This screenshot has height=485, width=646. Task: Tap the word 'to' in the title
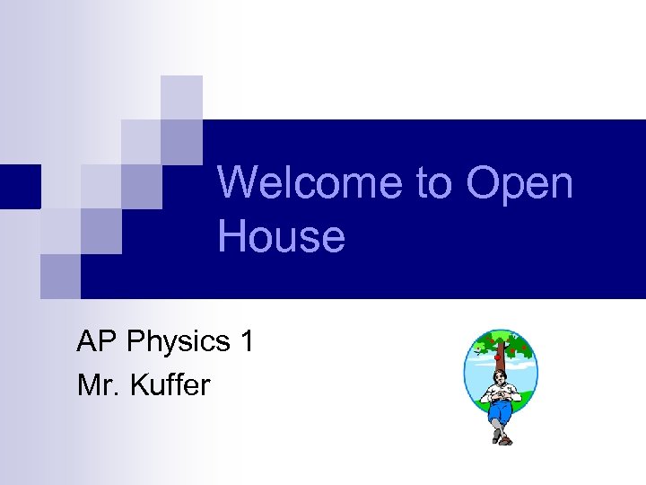(434, 183)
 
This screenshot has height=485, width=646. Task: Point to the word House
(281, 237)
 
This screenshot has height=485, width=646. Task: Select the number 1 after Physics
(247, 341)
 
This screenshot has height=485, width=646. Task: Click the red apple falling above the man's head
(498, 357)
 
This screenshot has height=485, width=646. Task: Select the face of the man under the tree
(501, 378)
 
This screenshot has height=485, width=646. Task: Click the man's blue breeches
(501, 410)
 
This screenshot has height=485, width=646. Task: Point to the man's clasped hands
(501, 394)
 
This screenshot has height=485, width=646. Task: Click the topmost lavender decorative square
(181, 97)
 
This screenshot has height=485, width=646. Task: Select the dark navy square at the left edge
(20, 186)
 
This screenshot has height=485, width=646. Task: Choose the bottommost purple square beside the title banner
(60, 276)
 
